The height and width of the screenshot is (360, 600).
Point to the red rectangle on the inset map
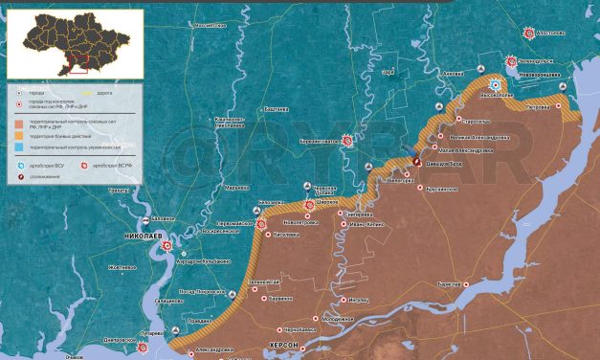78,65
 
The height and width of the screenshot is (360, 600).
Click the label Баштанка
277,112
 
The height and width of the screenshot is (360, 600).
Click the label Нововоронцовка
535,72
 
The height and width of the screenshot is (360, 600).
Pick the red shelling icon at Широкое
309,204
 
